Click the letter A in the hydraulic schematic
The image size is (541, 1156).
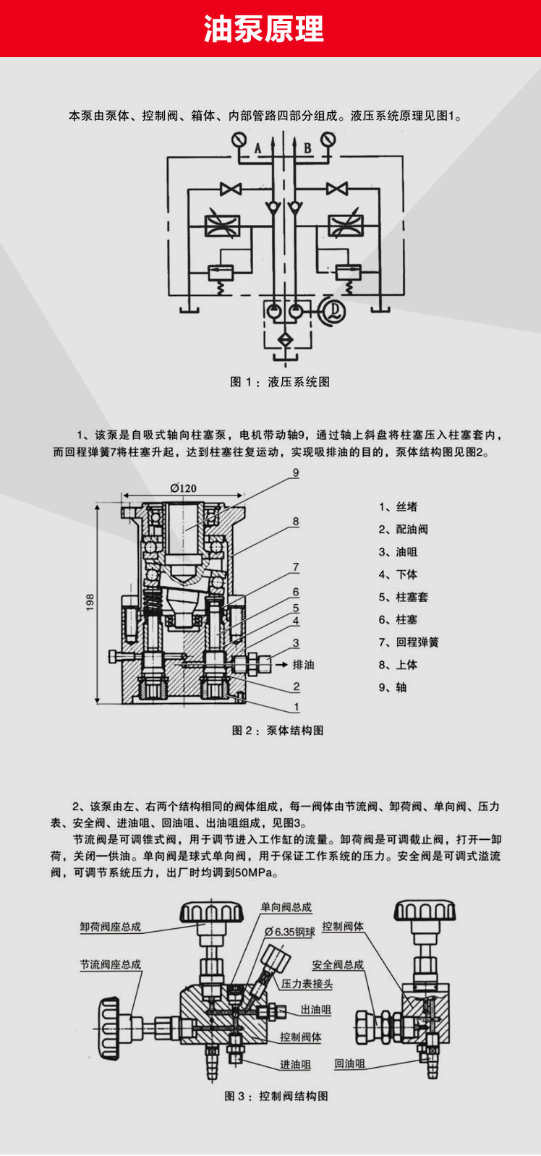[x=257, y=148]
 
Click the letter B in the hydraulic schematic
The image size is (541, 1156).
[x=307, y=148]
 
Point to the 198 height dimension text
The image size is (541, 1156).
[x=90, y=603]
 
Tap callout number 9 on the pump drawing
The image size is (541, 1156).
[x=296, y=473]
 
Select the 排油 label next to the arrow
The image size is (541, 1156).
[x=303, y=664]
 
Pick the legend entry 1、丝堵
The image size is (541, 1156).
[x=398, y=506]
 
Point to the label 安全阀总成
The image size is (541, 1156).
[x=338, y=964]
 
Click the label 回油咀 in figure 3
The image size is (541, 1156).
[x=349, y=1063]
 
